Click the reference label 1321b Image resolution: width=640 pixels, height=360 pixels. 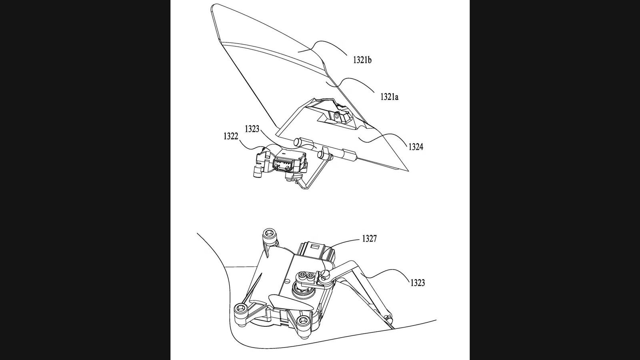tap(362, 60)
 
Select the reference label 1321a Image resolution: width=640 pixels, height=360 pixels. tap(388, 97)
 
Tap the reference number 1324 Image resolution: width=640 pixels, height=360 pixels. tap(416, 147)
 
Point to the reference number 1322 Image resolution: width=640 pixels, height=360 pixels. tap(231, 137)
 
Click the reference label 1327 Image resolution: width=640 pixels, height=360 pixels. tap(369, 239)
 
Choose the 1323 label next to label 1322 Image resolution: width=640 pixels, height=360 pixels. tap(252, 129)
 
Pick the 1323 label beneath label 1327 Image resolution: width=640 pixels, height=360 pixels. tap(417, 283)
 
